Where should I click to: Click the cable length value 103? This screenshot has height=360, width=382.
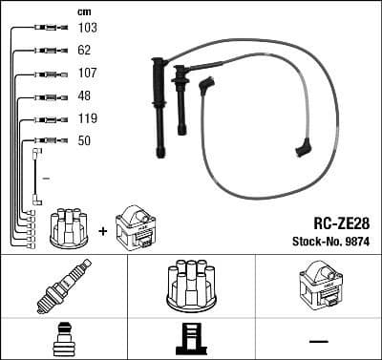pos(87,29)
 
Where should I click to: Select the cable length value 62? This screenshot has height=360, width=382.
pos(84,51)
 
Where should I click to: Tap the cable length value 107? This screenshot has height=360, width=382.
pos(87,74)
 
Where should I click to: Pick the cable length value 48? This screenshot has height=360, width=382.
pos(84,96)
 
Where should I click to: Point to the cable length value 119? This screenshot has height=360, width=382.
pos(87,119)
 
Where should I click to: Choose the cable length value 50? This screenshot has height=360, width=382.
pos(84,141)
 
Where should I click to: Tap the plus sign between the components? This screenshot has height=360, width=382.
pos(101,230)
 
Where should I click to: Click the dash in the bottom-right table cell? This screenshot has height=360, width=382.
pos(318,341)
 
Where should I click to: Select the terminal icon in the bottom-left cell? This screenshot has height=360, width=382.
pos(63,338)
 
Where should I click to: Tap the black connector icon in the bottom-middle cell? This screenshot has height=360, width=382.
pos(191,339)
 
